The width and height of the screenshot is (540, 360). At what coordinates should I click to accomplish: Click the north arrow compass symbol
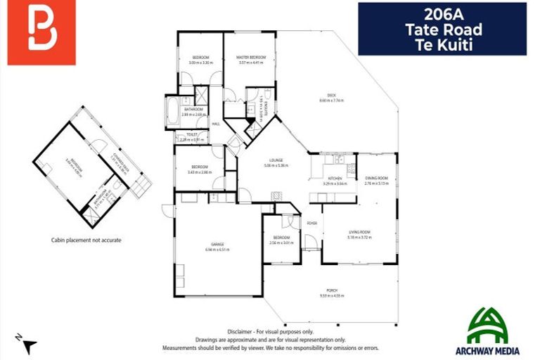pyautogui.click(x=27, y=345)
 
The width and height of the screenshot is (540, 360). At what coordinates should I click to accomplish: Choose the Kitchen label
pyautogui.click(x=335, y=179)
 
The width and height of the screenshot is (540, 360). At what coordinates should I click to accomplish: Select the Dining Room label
pyautogui.click(x=376, y=179)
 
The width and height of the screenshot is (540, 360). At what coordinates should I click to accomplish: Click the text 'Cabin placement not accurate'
pyautogui.click(x=86, y=240)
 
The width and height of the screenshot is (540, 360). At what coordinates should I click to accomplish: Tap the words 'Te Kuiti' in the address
pyautogui.click(x=442, y=43)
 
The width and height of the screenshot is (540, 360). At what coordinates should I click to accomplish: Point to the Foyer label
pyautogui.click(x=311, y=224)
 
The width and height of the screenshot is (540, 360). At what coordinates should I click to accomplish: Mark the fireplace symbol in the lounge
pyautogui.click(x=276, y=196)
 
